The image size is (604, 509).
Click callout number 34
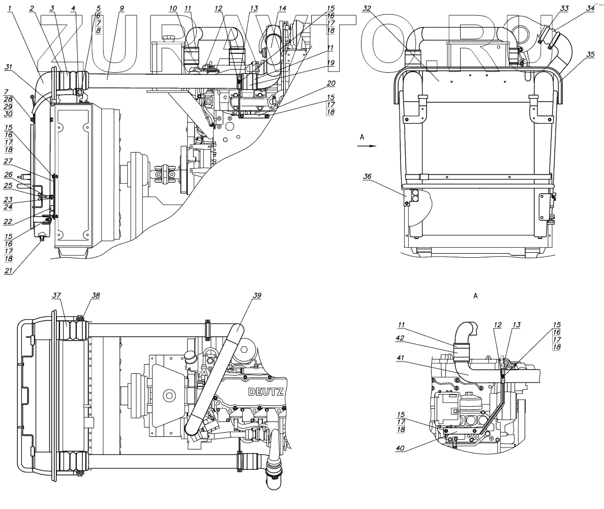[x=576, y=8]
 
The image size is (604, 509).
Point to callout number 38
[x=82, y=296]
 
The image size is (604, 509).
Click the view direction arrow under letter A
[x=366, y=145]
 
